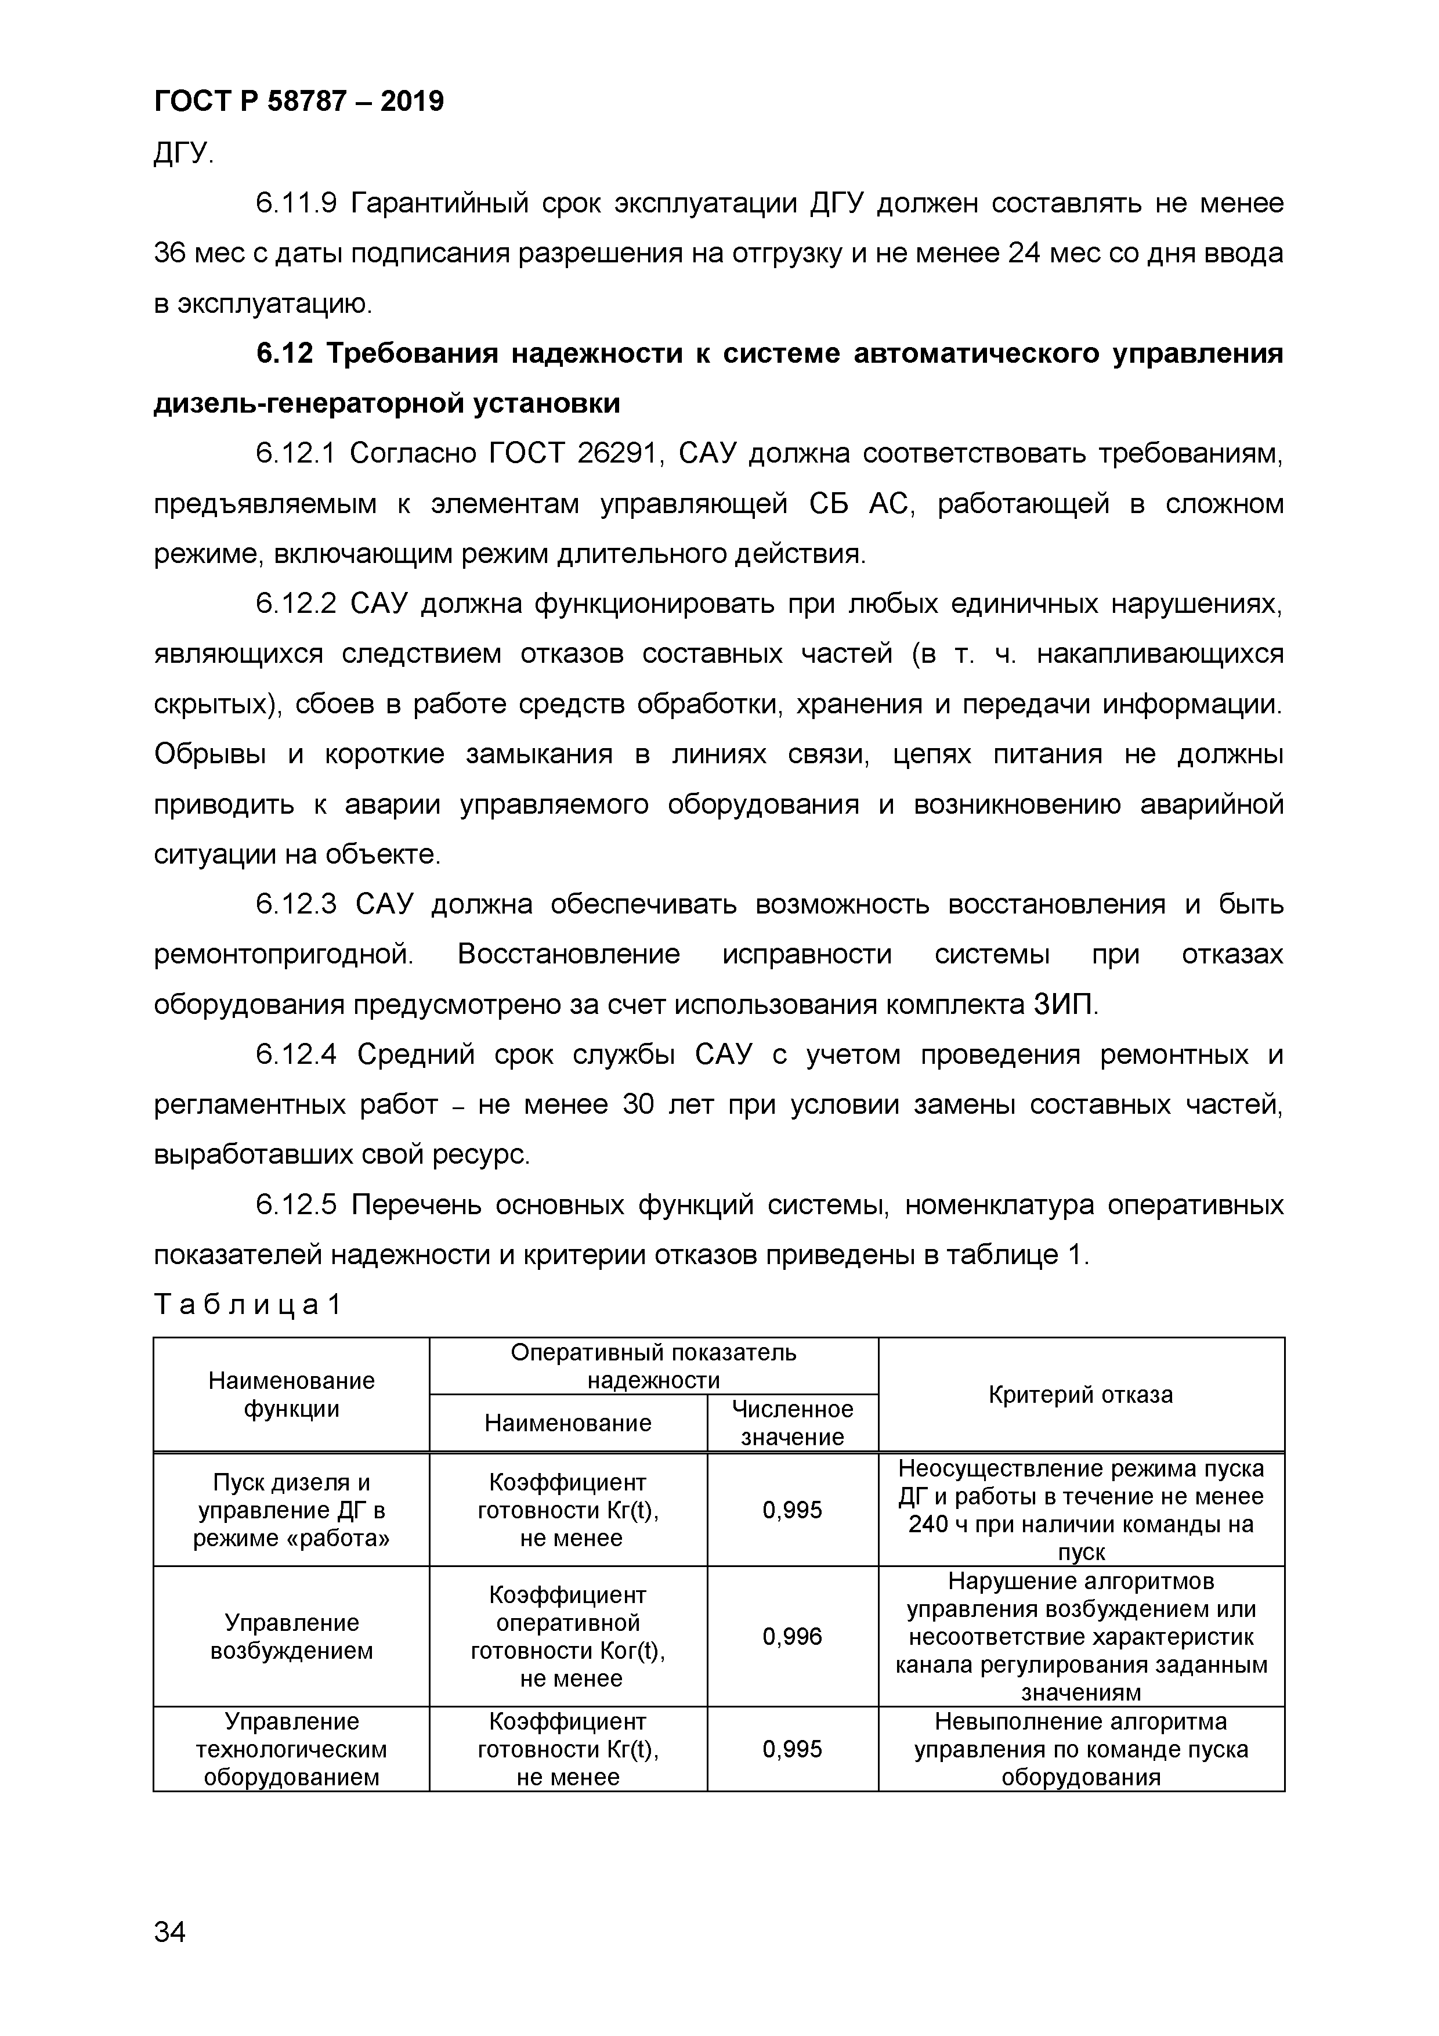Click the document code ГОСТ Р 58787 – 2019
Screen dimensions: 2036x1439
click(x=299, y=102)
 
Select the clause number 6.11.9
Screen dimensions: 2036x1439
click(x=296, y=204)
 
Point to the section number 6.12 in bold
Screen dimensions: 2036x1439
click(x=284, y=354)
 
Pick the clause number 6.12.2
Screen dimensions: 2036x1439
click(x=296, y=605)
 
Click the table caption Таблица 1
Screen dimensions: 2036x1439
click(x=247, y=1305)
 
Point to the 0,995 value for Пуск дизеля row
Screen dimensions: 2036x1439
click(x=792, y=1510)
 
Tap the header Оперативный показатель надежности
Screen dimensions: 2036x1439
click(x=653, y=1366)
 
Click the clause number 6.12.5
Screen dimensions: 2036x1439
click(x=296, y=1207)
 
